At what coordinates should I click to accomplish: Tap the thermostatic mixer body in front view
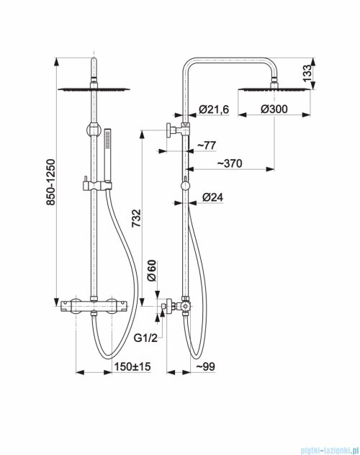(94, 306)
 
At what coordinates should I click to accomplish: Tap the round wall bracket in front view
(94, 130)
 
